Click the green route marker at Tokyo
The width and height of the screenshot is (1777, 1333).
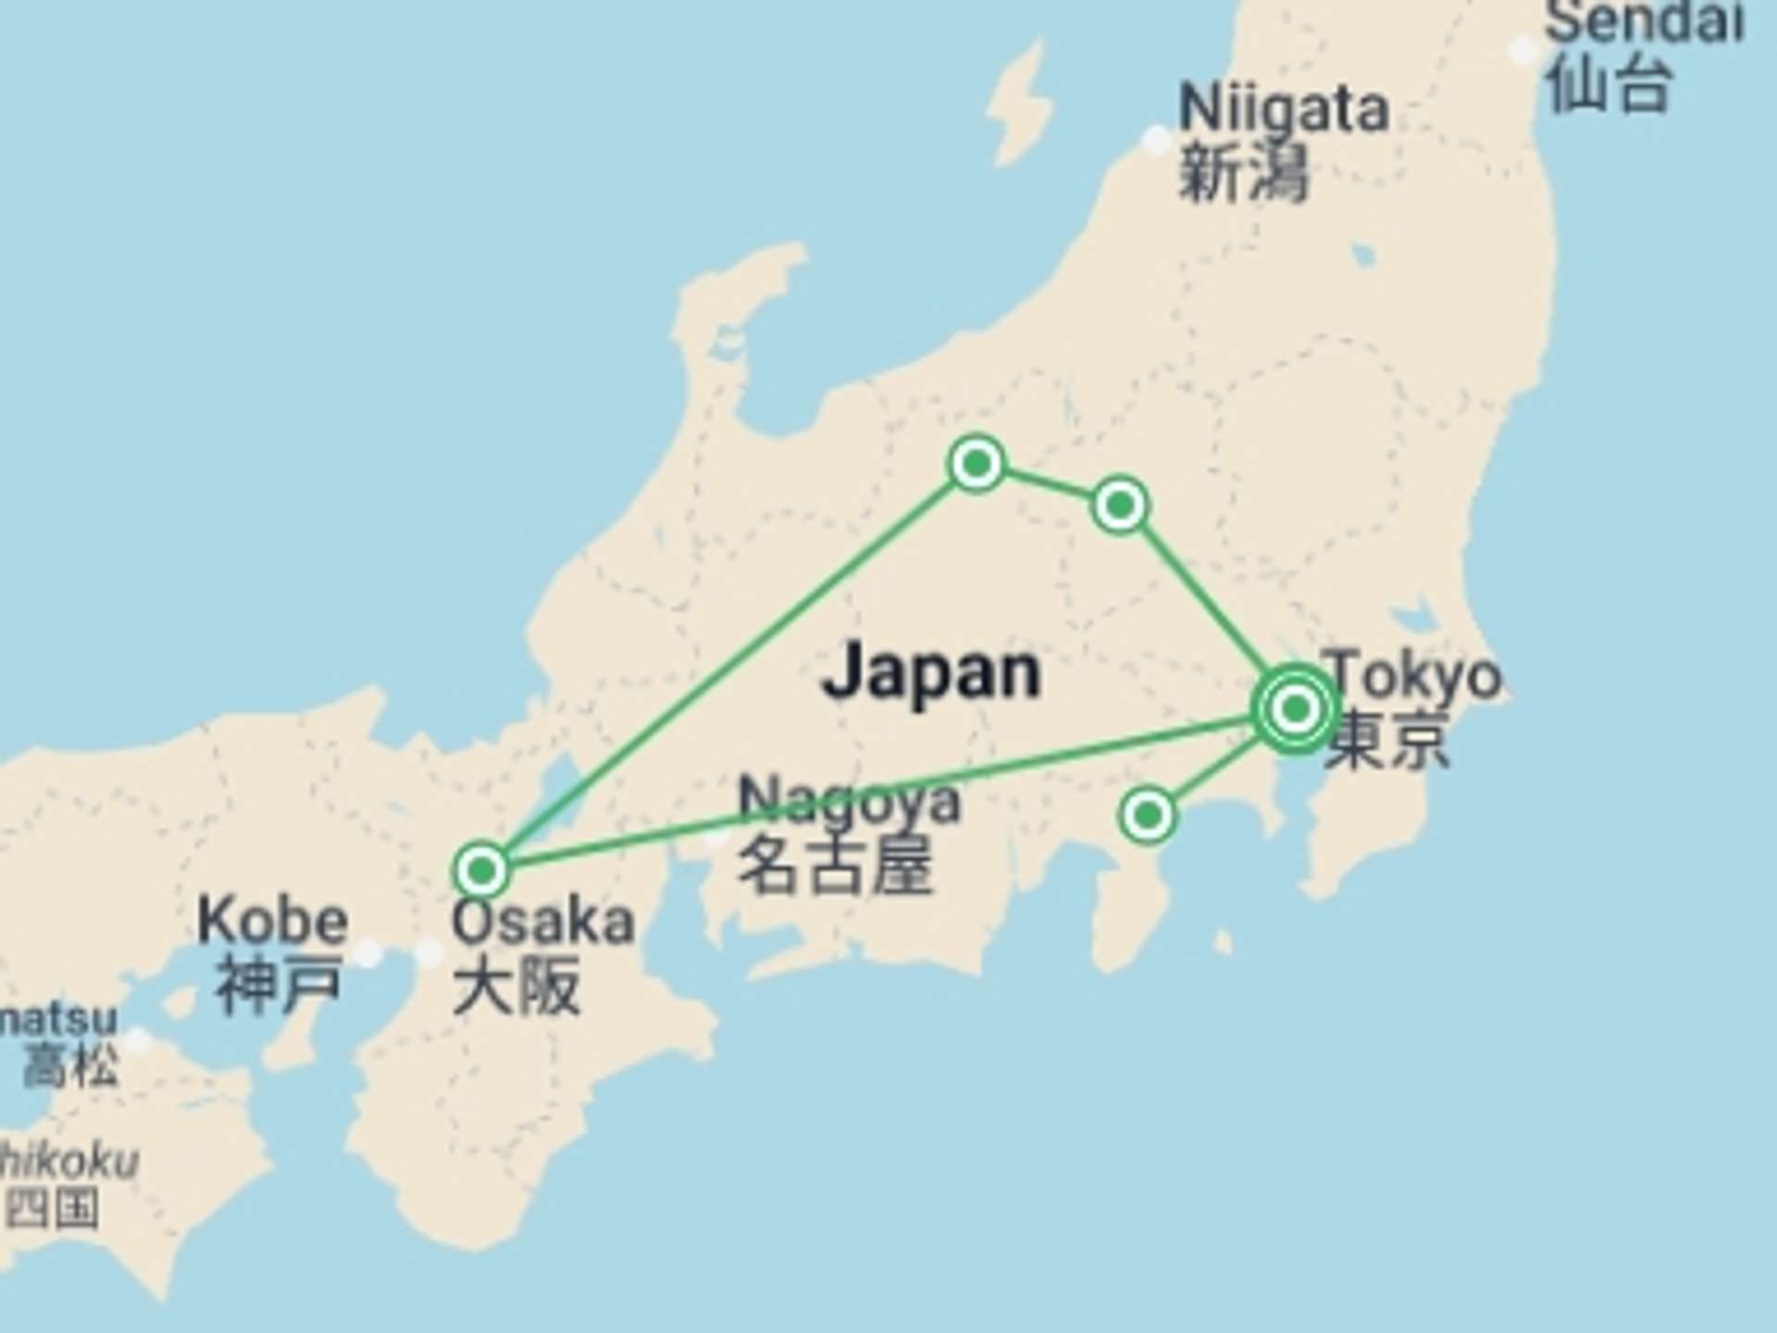pos(1296,709)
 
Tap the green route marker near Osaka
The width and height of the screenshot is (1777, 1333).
pos(481,870)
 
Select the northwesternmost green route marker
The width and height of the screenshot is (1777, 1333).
pos(976,463)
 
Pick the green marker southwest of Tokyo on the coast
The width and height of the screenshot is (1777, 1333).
pos(1148,816)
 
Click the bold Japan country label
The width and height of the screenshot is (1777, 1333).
pos(931,672)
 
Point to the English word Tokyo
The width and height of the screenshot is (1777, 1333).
pos(1414,676)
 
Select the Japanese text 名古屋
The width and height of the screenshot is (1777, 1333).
pos(835,865)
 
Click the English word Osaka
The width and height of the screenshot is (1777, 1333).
pos(543,922)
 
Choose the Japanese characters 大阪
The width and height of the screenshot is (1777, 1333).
pos(516,985)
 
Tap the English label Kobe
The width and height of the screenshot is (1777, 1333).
pos(273,921)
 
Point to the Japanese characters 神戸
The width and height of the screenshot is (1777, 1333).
pos(278,983)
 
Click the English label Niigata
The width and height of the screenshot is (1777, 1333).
pos(1284,109)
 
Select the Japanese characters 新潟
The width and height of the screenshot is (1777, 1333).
pos(1243,173)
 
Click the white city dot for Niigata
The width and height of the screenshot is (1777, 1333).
pos(1156,141)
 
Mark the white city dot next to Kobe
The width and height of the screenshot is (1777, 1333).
pos(368,953)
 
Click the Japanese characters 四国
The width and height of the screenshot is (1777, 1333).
pos(52,1209)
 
